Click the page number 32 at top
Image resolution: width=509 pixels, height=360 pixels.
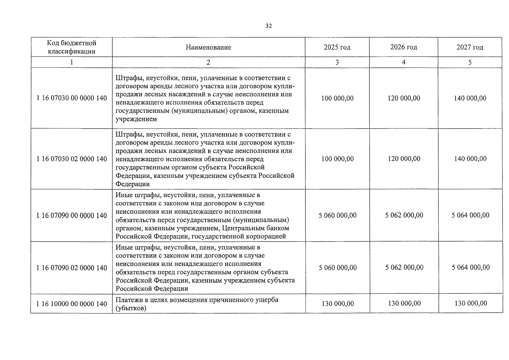(268, 26)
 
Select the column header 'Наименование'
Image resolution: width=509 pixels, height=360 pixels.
(208, 47)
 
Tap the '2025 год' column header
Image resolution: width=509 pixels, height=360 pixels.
(337, 47)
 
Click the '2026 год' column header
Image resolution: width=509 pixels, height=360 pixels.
(403, 47)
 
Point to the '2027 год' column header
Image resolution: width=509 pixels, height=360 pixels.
(470, 47)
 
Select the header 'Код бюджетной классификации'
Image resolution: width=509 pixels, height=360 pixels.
(71, 47)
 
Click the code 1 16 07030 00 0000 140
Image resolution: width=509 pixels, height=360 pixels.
(71, 98)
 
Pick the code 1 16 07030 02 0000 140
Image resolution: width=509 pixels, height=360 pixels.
(71, 159)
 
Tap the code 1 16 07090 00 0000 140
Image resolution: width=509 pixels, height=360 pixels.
(71, 215)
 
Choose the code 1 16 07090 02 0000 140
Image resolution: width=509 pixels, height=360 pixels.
(71, 268)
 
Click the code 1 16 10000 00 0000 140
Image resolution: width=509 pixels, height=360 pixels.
(71, 304)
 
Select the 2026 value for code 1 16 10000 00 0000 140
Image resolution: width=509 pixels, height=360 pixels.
(404, 303)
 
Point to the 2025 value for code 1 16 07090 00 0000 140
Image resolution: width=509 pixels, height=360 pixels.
(337, 215)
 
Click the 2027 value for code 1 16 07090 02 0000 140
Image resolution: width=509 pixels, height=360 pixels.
(471, 267)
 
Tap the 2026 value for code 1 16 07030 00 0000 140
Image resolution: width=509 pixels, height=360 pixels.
(404, 98)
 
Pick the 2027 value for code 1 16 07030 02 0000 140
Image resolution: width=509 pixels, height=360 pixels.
(470, 159)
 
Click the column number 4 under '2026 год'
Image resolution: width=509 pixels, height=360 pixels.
(403, 62)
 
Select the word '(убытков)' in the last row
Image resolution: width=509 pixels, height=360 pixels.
(131, 308)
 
